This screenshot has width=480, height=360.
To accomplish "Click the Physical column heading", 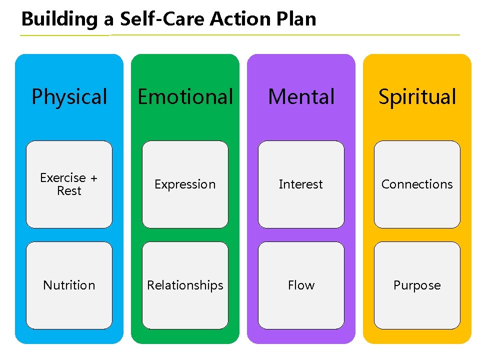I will point(69,97).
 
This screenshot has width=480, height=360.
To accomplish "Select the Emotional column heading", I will point(185,97).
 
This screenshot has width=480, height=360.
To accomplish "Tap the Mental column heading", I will point(301,97).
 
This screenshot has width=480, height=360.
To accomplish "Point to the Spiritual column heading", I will point(417,97).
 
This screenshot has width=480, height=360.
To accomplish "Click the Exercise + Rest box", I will point(69,184).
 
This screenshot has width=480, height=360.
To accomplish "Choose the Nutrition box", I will point(69,285).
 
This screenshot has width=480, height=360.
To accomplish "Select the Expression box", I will point(185,184).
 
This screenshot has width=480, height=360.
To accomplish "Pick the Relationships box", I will point(185,285).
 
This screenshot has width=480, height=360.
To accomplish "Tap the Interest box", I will point(301,184).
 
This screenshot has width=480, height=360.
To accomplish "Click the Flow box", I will point(301,285).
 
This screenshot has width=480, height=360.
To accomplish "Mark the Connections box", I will point(417,184).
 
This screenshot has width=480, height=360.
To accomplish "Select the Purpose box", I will point(417,285).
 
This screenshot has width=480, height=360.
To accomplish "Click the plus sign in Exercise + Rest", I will point(93,178).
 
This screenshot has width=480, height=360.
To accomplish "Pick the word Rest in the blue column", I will point(69,191).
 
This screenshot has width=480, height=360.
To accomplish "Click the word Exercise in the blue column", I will point(63,178).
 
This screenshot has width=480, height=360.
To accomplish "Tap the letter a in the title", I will point(108,20).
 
